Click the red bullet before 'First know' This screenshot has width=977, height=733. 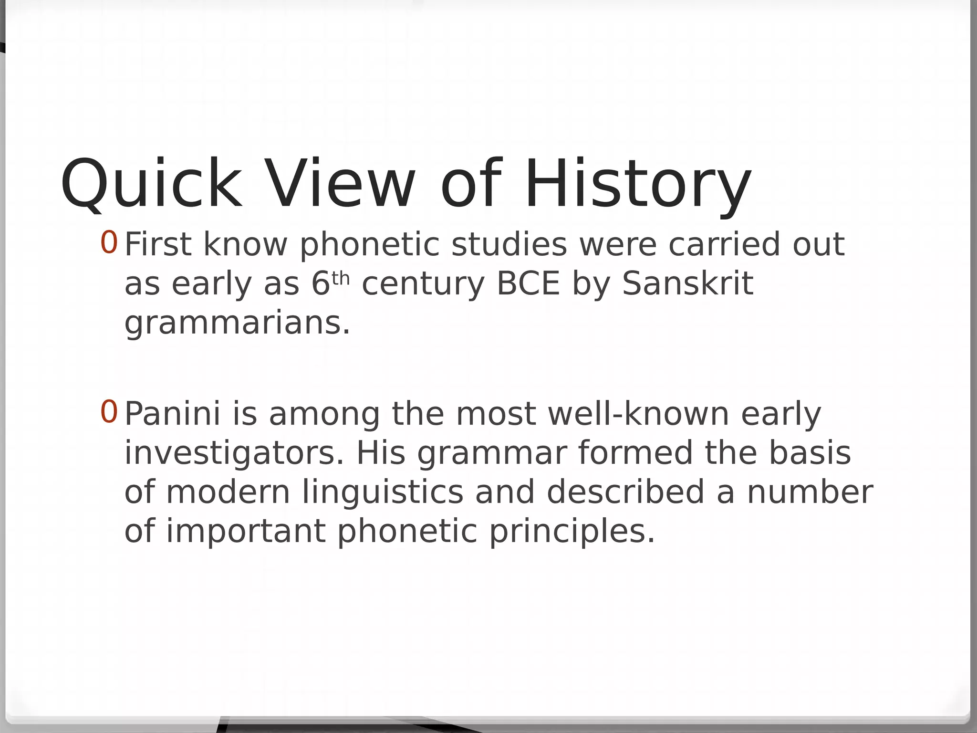[109, 242]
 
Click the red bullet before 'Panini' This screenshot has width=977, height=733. [109, 412]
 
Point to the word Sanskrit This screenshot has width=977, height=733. [687, 283]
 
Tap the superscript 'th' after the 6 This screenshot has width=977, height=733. [341, 278]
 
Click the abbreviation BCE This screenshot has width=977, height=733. [528, 283]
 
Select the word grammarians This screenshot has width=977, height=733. [237, 323]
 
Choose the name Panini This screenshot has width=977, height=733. [173, 414]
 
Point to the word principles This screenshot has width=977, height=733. [572, 532]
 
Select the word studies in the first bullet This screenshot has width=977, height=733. [509, 244]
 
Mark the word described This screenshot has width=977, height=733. [625, 492]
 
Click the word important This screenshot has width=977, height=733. [246, 532]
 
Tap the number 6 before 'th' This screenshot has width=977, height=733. [321, 283]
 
